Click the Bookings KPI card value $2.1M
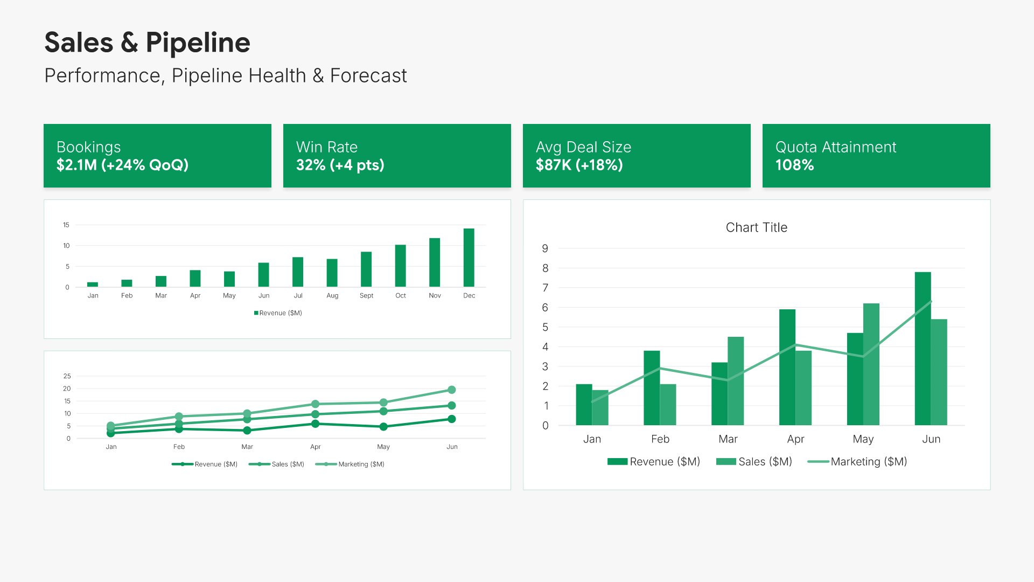pyautogui.click(x=76, y=165)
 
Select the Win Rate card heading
pyautogui.click(x=326, y=147)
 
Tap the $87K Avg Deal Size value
pyautogui.click(x=554, y=165)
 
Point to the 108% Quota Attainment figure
pyautogui.click(x=794, y=165)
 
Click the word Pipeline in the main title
pyautogui.click(x=198, y=43)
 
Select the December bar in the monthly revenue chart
pyautogui.click(x=469, y=258)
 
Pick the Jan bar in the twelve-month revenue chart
pyautogui.click(x=93, y=285)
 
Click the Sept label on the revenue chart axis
pyautogui.click(x=366, y=296)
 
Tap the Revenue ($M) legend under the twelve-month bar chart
pyautogui.click(x=278, y=313)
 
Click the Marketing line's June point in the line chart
pyautogui.click(x=452, y=390)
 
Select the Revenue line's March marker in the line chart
pyautogui.click(x=247, y=431)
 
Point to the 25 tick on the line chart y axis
pyautogui.click(x=67, y=376)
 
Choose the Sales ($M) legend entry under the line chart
pyautogui.click(x=276, y=464)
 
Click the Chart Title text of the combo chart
pyautogui.click(x=757, y=227)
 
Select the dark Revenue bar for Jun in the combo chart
pyautogui.click(x=923, y=349)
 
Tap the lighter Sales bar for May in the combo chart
pyautogui.click(x=871, y=364)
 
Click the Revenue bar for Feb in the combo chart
pyautogui.click(x=652, y=388)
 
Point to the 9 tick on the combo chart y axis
pyautogui.click(x=545, y=248)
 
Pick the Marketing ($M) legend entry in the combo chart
pyautogui.click(x=857, y=462)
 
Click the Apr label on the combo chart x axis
pyautogui.click(x=795, y=439)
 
